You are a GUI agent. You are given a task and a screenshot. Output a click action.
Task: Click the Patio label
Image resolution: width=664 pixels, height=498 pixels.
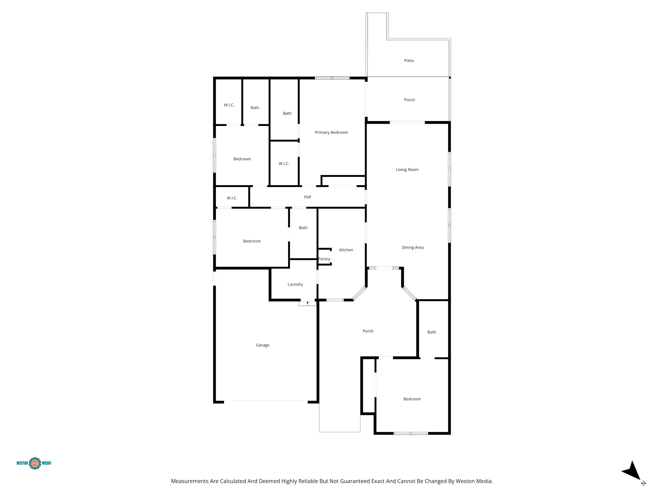click(409, 61)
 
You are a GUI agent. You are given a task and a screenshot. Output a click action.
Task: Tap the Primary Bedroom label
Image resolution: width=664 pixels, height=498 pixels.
click(331, 132)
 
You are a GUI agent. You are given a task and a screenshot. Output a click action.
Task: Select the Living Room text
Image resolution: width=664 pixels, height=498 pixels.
click(407, 170)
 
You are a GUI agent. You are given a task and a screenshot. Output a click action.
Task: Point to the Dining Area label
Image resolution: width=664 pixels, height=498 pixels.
click(412, 247)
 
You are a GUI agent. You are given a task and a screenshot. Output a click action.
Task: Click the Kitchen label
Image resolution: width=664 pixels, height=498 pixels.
click(346, 250)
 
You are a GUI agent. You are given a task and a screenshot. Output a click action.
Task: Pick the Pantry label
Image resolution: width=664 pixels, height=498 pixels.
click(324, 259)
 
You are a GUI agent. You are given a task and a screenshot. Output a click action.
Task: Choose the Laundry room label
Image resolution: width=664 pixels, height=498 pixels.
click(295, 284)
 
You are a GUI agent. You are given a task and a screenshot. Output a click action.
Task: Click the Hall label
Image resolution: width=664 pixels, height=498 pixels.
click(307, 197)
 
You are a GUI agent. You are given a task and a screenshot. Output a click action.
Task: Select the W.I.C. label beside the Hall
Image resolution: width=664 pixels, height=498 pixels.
click(232, 198)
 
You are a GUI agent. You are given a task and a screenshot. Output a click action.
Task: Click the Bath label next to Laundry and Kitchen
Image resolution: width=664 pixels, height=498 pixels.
click(303, 228)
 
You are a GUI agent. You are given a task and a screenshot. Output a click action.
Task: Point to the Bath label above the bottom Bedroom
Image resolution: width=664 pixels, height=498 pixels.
click(432, 332)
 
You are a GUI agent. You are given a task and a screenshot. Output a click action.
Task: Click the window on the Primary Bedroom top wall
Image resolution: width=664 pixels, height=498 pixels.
click(332, 78)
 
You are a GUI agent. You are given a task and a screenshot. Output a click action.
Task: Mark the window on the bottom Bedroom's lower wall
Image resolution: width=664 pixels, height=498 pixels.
click(411, 433)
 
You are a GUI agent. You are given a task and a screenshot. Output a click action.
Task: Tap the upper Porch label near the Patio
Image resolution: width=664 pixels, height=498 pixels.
click(409, 100)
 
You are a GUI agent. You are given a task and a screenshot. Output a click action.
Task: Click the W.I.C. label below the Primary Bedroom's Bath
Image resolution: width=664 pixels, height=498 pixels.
click(284, 164)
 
